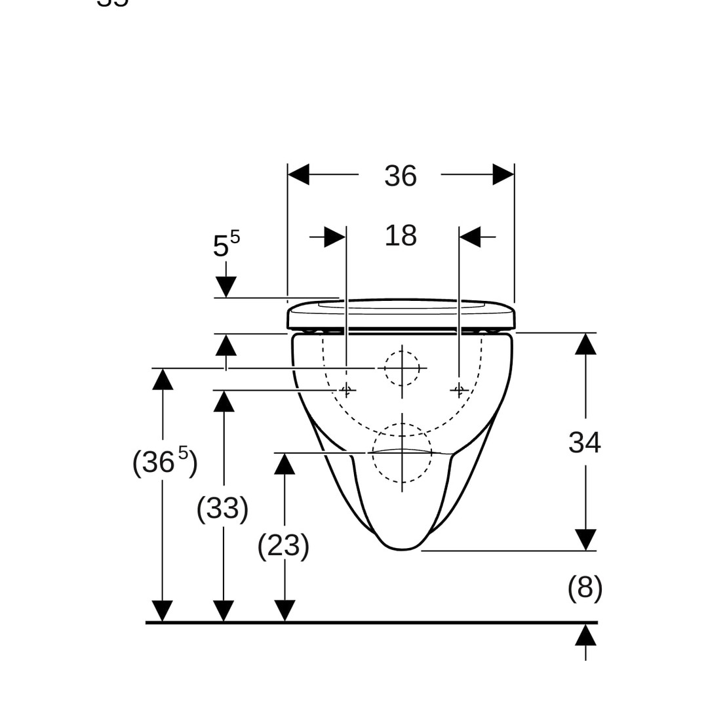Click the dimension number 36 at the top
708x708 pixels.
click(x=401, y=176)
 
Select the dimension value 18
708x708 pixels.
click(x=401, y=235)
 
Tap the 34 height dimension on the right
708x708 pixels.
click(x=584, y=442)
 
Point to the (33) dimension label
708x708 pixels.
click(x=223, y=508)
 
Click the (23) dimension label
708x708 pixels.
click(x=283, y=545)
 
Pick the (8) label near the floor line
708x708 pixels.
click(x=585, y=588)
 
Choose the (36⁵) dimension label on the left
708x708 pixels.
click(x=165, y=462)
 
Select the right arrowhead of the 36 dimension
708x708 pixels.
click(x=503, y=174)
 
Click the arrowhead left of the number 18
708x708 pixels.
click(x=335, y=237)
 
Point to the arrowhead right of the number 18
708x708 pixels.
click(x=469, y=237)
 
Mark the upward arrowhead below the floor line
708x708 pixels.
click(x=585, y=635)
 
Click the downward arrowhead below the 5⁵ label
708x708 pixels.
click(x=226, y=287)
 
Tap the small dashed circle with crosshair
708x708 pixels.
click(x=402, y=368)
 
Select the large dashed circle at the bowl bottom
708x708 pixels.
click(x=402, y=453)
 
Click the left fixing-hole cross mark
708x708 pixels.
click(x=347, y=391)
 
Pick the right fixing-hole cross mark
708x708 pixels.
click(x=459, y=391)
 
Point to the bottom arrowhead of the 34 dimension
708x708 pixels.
click(x=585, y=540)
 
